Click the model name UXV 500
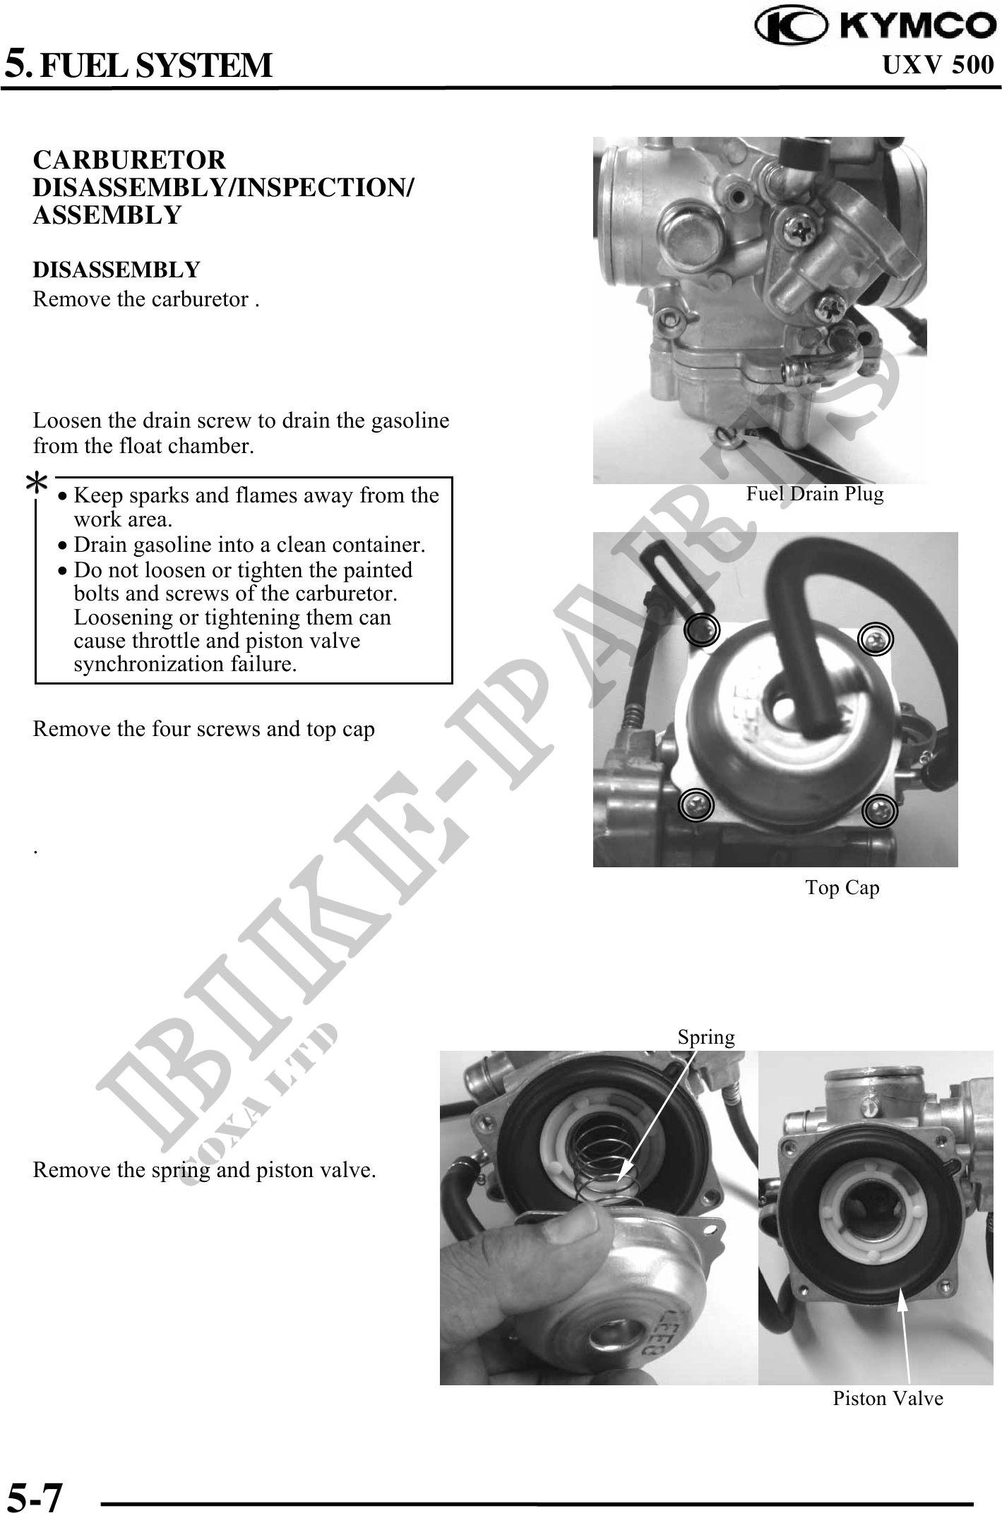938,65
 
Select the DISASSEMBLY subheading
117,270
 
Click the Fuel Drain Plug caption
815,493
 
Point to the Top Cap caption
842,887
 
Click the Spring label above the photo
706,1037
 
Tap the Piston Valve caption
888,1398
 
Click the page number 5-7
35,1493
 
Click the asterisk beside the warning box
37,486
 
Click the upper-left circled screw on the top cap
702,629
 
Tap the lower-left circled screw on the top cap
696,804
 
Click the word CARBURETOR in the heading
130,160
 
